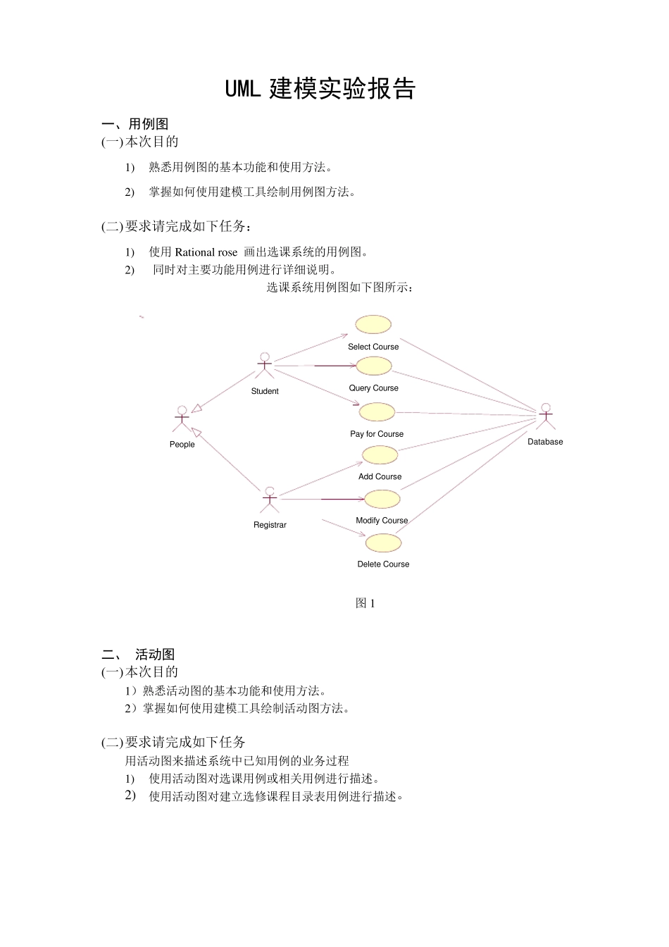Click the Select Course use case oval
click(373, 324)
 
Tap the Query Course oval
click(374, 366)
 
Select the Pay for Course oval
click(377, 411)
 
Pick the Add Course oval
click(380, 455)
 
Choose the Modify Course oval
click(382, 499)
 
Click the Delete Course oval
click(384, 543)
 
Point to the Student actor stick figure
click(265, 366)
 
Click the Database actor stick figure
click(546, 416)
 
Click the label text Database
click(545, 442)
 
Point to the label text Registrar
click(270, 525)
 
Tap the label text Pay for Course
click(377, 434)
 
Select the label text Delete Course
click(383, 564)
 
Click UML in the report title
click(243, 89)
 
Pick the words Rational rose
click(206, 252)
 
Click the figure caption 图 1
click(365, 603)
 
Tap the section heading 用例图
click(149, 124)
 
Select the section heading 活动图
click(155, 655)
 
